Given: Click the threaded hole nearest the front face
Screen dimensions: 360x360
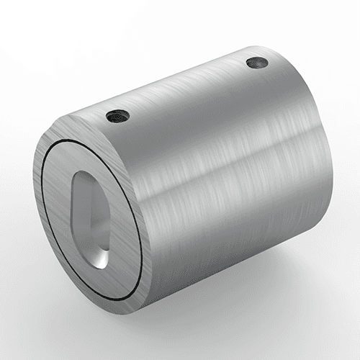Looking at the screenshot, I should pyautogui.click(x=117, y=114).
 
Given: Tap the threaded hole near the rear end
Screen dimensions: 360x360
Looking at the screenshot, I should pyautogui.click(x=257, y=63).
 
